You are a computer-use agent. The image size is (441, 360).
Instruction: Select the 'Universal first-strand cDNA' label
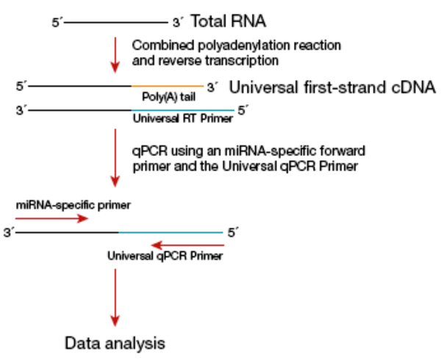tap(333, 87)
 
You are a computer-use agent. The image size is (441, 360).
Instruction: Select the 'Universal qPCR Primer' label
tap(165, 256)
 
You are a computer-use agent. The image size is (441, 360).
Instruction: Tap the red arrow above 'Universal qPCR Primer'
tap(184, 245)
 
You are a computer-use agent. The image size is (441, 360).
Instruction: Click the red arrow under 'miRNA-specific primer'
tap(51, 217)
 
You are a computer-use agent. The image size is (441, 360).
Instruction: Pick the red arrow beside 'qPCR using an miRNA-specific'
tap(115, 158)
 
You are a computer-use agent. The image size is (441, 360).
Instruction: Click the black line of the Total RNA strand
tap(118, 23)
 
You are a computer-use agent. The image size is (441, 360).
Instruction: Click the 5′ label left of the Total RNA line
tap(57, 23)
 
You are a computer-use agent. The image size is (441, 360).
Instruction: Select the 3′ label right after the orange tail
tap(212, 87)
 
